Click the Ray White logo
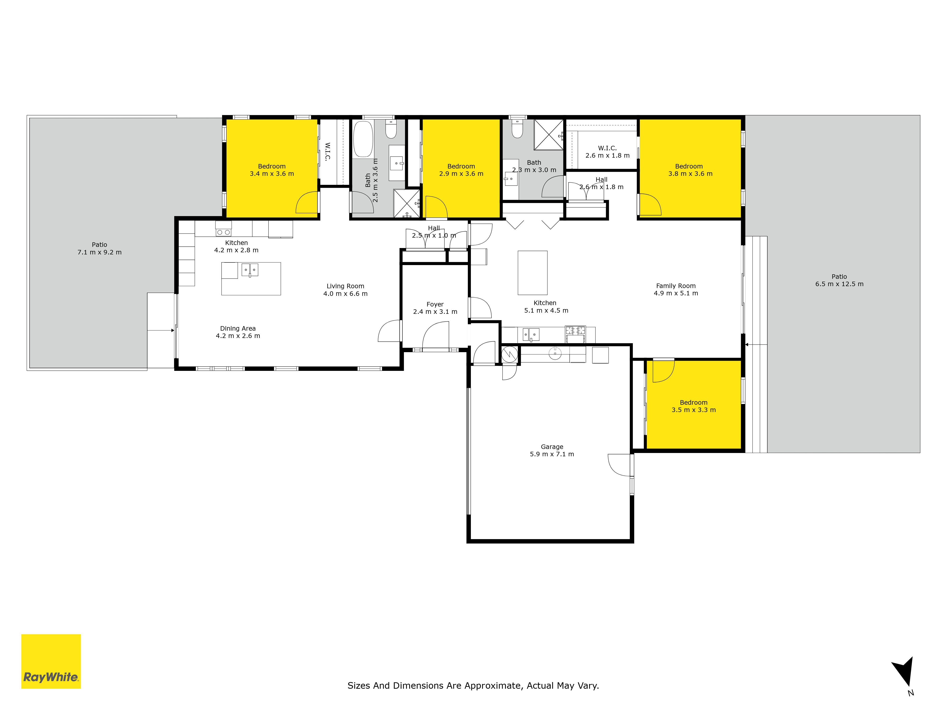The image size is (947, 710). (51, 661)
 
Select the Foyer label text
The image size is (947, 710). (435, 304)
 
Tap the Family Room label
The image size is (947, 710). (676, 286)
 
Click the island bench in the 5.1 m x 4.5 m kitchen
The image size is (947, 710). (533, 273)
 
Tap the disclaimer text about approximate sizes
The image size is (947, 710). (473, 686)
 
